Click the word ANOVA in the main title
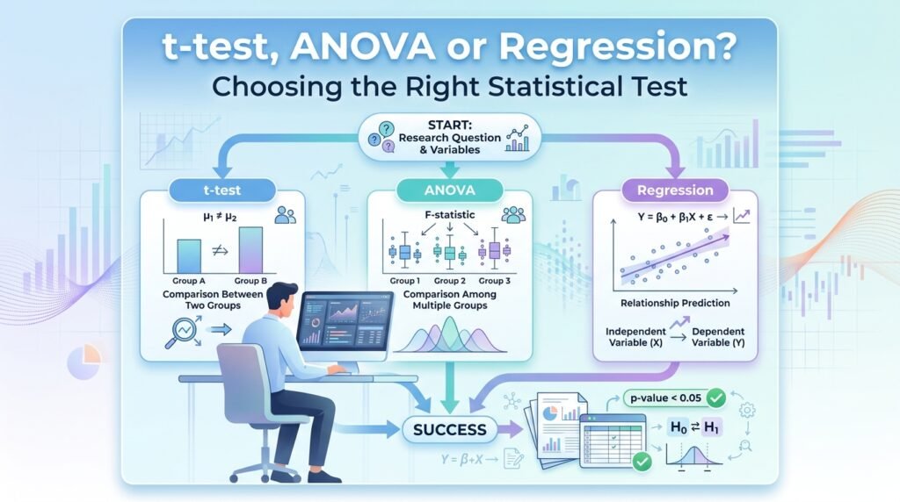(x=362, y=47)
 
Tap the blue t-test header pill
(x=222, y=190)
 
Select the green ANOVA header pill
(x=449, y=190)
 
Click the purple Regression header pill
(x=675, y=190)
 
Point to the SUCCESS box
(x=449, y=430)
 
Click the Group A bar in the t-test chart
(x=189, y=256)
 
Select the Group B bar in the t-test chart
(x=250, y=250)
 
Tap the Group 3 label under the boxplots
(x=494, y=281)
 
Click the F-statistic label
(x=449, y=215)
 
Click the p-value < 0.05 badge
(x=666, y=398)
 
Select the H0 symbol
(x=679, y=427)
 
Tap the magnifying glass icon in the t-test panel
(x=182, y=333)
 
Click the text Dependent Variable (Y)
(x=718, y=337)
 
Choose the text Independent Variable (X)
(x=635, y=337)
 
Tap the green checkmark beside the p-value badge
(x=715, y=398)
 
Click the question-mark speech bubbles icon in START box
(x=382, y=138)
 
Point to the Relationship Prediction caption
(x=675, y=303)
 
